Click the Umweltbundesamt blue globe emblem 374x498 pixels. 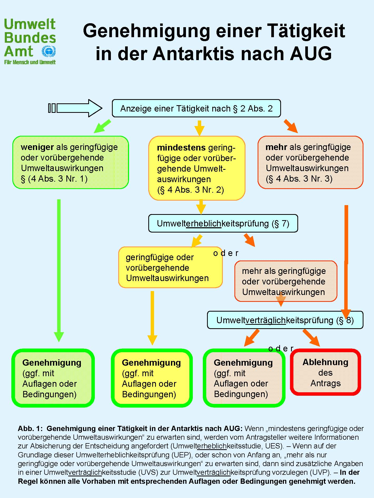click(49, 51)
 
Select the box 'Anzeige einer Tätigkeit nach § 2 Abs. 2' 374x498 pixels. click(196, 108)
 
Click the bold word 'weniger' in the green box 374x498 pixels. click(37, 147)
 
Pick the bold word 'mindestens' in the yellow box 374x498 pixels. click(181, 148)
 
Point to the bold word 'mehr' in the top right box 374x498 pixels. click(276, 147)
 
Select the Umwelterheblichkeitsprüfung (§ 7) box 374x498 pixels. click(223, 224)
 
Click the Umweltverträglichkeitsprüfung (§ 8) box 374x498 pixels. click(285, 320)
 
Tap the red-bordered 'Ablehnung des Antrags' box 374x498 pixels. click(326, 372)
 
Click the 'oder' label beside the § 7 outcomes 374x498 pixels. click(226, 253)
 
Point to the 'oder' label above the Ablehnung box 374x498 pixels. click(281, 349)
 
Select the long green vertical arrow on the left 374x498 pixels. click(59, 269)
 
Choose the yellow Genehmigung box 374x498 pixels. click(152, 378)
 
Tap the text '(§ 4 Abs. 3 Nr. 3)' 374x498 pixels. click(299, 179)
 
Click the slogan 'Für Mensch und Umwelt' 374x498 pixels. click(30, 62)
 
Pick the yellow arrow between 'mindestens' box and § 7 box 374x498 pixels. click(201, 207)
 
